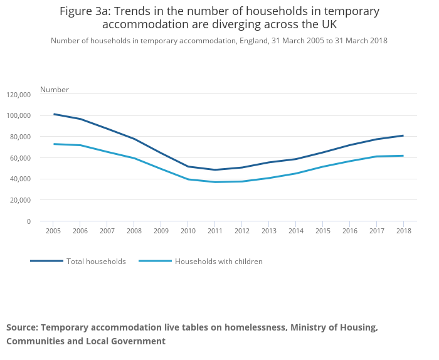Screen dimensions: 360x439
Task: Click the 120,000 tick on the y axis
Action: click(19, 95)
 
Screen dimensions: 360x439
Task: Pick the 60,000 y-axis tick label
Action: click(21, 158)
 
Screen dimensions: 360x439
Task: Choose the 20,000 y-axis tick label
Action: click(21, 200)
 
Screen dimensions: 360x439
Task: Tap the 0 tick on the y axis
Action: click(29, 221)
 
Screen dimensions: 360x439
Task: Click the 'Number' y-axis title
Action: click(55, 90)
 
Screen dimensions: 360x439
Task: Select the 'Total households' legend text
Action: click(96, 262)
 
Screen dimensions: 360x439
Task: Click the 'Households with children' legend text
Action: click(218, 262)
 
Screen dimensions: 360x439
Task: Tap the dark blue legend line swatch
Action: click(46, 261)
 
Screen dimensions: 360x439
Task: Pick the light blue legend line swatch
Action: click(155, 261)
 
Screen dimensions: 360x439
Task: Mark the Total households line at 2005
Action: click(54, 114)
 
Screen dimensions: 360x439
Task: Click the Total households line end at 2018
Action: click(403, 135)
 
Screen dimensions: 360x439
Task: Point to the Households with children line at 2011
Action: click(214, 182)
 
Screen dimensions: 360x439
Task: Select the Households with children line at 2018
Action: click(403, 156)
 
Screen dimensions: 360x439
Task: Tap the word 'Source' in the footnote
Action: click(22, 327)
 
